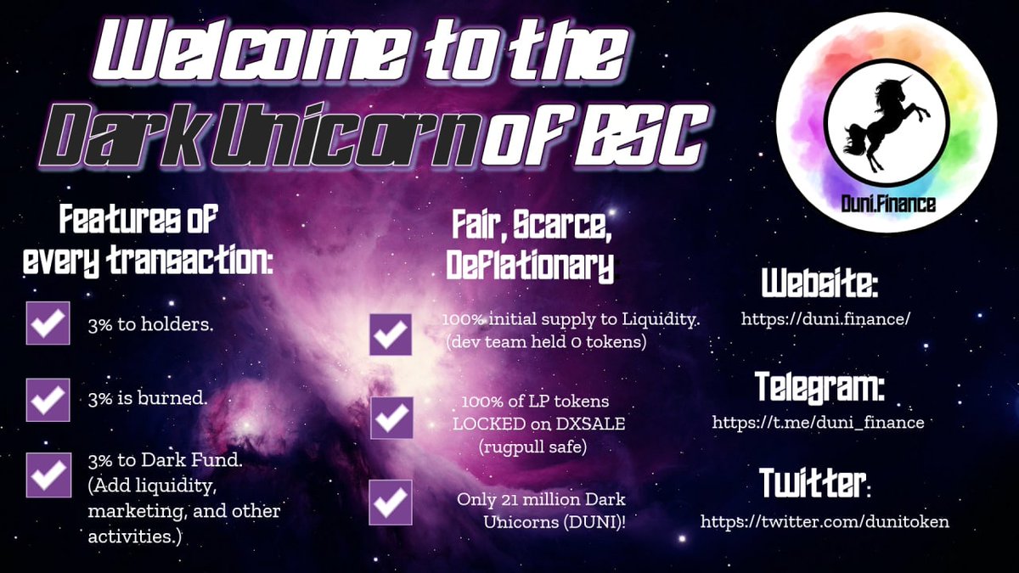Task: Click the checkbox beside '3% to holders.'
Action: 48,323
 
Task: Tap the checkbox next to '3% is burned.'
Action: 48,399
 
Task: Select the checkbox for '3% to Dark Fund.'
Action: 48,475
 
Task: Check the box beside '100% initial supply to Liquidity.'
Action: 391,334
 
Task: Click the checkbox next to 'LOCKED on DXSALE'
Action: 391,419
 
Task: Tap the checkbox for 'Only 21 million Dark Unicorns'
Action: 391,501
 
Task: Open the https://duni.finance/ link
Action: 826,319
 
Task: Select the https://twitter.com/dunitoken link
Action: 825,521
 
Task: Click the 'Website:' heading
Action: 819,285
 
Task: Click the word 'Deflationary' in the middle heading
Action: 530,267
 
